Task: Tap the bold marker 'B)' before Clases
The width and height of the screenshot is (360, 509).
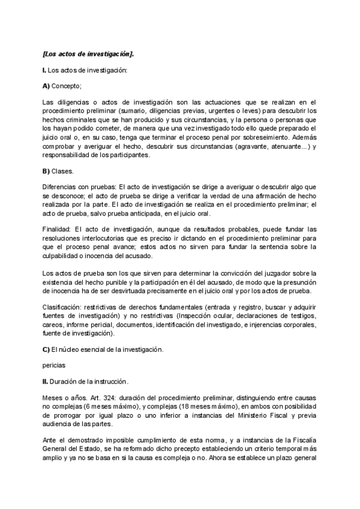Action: [47, 171]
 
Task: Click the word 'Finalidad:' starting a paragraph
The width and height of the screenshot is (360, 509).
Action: [59, 230]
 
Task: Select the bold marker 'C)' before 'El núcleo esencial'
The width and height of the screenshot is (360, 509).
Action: [47, 349]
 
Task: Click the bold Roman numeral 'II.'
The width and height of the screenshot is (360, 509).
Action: [46, 381]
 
